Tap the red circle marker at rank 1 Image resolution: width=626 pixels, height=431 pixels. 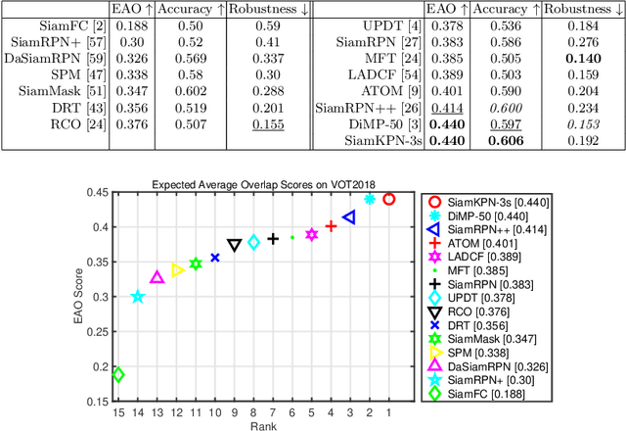(388, 199)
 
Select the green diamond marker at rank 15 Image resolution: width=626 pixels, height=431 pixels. (118, 374)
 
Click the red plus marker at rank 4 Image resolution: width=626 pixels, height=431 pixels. (331, 226)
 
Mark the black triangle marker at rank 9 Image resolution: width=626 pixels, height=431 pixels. (234, 245)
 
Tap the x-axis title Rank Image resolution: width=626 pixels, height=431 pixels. (253, 427)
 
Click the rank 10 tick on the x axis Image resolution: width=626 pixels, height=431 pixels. (215, 413)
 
